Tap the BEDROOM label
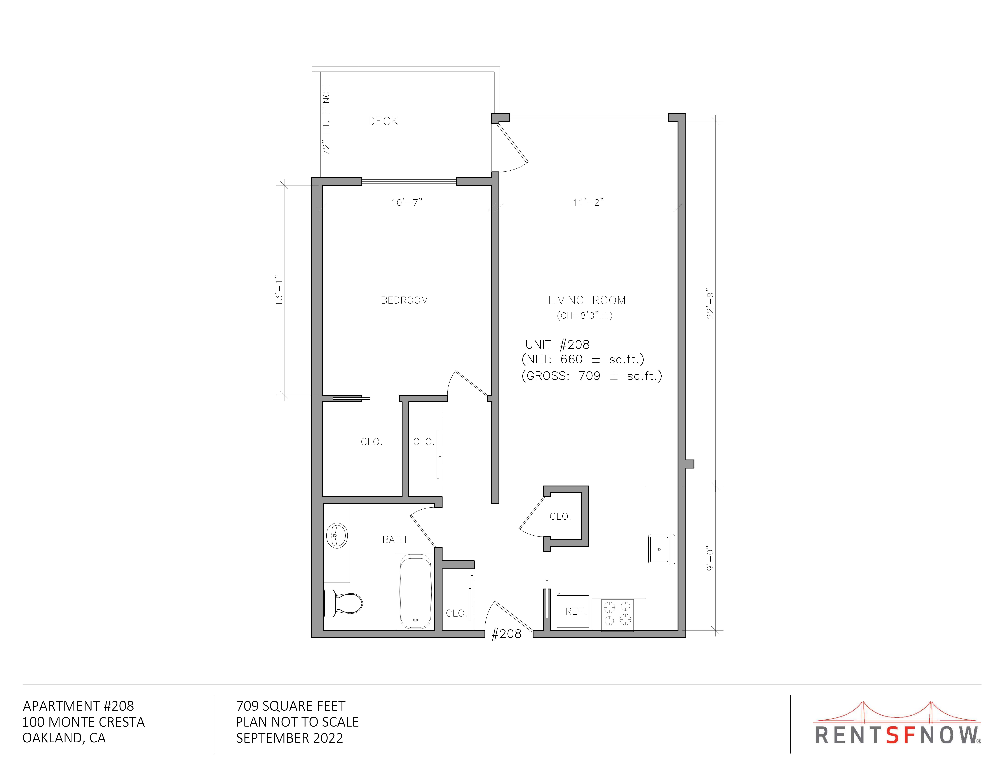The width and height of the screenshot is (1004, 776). pos(404,300)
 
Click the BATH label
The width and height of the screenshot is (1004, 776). pos(394,539)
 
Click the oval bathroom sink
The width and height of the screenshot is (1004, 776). pos(337,536)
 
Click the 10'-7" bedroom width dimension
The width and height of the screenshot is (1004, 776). pos(406,202)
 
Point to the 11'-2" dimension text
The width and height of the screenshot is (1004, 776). pos(588,202)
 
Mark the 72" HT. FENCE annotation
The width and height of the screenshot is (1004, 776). pos(326,121)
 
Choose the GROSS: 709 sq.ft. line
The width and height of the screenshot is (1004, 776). pos(592,376)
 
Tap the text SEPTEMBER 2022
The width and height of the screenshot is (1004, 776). pos(290,738)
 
